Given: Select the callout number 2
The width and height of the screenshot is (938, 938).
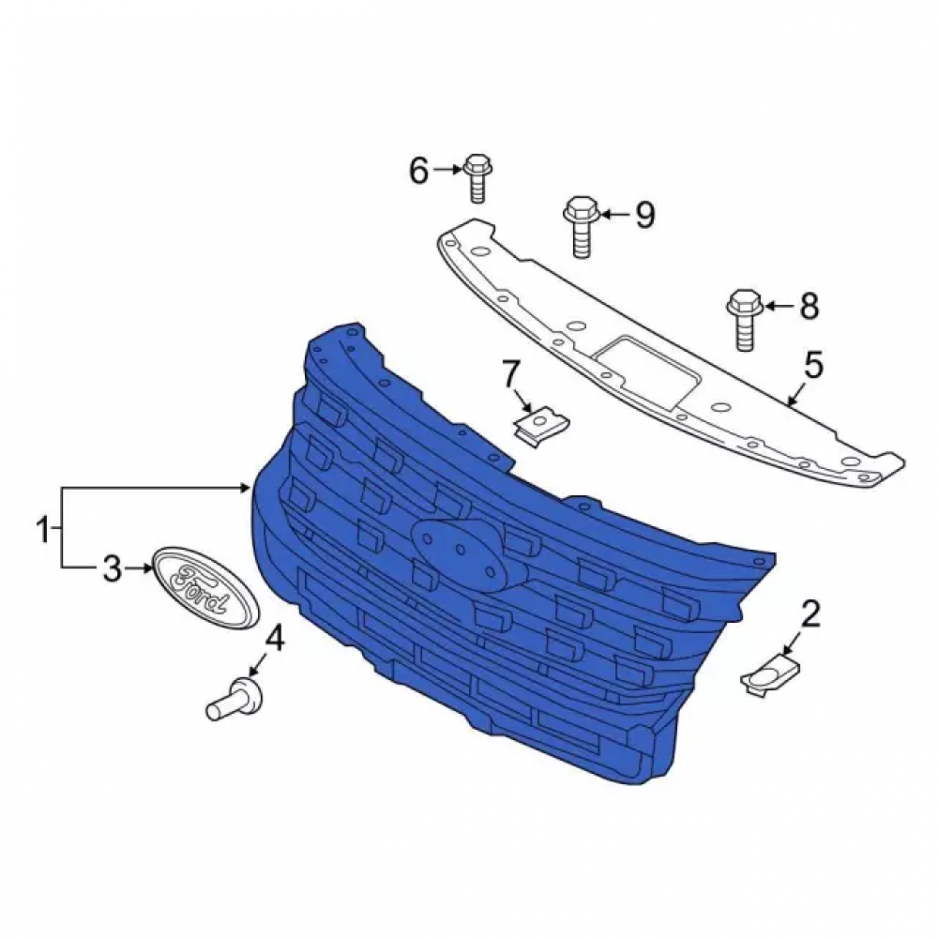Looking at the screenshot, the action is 810,615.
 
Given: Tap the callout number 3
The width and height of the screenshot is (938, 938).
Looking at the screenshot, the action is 113,568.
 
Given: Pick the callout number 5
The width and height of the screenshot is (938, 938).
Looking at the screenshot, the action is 813,366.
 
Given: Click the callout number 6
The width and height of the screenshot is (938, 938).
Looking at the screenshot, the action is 418,171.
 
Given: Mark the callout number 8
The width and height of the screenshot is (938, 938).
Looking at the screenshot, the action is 809,307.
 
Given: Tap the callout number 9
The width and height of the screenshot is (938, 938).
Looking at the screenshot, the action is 644,214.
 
